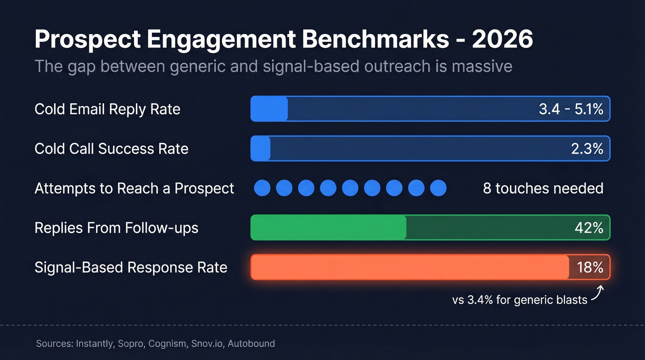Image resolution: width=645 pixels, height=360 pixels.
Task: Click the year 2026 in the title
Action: click(503, 40)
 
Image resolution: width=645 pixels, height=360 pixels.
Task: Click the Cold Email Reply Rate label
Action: click(107, 109)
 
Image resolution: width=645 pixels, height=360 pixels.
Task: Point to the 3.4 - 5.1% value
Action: click(571, 109)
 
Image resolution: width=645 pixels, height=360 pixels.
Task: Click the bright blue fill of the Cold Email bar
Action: click(269, 109)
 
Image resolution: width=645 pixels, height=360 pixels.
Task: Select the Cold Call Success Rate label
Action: click(111, 148)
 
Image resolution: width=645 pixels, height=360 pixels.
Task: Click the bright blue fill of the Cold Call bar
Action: click(261, 148)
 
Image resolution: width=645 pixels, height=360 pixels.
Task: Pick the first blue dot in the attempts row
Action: click(262, 188)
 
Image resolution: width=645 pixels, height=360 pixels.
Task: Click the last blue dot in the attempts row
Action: click(438, 188)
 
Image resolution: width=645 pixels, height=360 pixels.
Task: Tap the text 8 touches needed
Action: click(543, 188)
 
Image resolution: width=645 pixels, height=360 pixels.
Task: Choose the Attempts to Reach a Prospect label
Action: click(134, 188)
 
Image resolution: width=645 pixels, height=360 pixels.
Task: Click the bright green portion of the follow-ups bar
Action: click(328, 227)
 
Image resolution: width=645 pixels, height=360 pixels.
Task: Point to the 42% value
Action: click(589, 227)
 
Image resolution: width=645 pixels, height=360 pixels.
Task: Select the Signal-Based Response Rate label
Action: click(131, 267)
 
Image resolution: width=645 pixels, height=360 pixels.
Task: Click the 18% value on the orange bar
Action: click(590, 267)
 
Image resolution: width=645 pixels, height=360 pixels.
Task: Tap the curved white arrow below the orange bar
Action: click(598, 293)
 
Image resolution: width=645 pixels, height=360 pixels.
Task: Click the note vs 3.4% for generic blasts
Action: click(520, 300)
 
